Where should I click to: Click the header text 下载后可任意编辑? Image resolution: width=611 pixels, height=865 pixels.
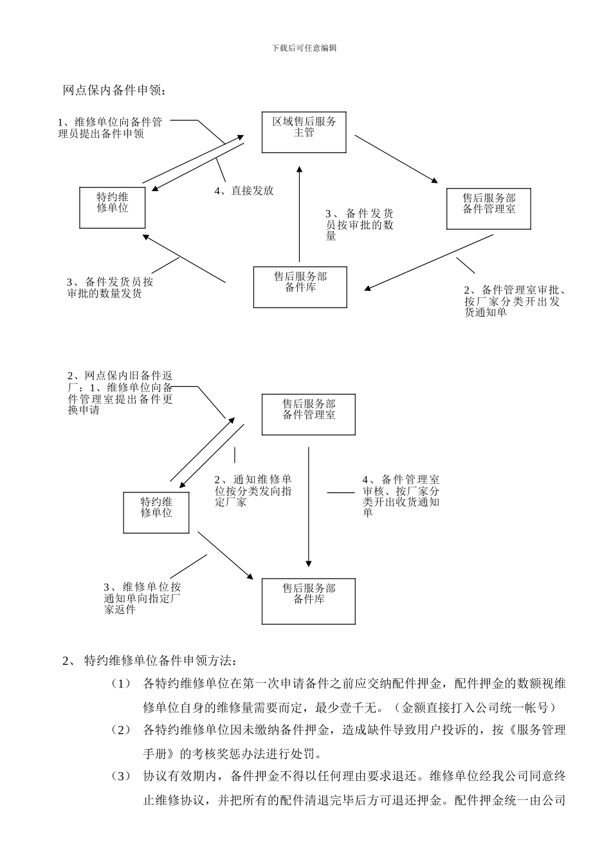click(304, 48)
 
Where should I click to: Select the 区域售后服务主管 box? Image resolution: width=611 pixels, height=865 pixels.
click(304, 132)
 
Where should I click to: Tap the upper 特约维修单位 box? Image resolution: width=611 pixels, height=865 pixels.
click(112, 207)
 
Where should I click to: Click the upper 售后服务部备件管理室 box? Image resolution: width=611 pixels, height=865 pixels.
click(489, 208)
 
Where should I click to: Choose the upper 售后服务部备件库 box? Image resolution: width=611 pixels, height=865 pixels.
click(300, 287)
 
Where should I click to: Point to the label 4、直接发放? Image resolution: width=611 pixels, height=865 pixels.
click(244, 191)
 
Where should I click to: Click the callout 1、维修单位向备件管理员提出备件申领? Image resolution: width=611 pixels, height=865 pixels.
click(109, 128)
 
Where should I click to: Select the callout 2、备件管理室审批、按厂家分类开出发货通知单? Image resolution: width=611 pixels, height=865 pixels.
click(514, 301)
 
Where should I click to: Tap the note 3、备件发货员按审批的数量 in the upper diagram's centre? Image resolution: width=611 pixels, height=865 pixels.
click(360, 225)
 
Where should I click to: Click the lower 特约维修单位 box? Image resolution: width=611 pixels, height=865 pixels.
click(156, 512)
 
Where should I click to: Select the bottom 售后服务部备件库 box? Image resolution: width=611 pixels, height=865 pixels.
click(309, 601)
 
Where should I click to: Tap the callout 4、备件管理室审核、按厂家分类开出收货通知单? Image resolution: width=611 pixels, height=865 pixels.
click(401, 496)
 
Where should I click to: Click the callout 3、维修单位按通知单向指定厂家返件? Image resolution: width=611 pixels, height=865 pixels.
click(142, 598)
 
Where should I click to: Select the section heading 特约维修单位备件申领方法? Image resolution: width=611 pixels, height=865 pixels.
click(160, 660)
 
